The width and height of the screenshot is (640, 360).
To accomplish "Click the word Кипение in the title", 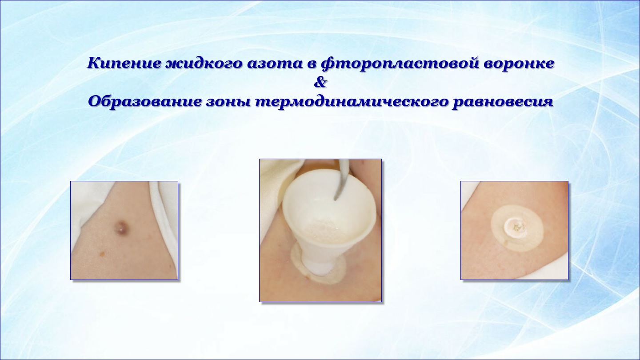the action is [124, 63].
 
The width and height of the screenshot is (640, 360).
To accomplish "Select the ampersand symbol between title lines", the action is [320, 83].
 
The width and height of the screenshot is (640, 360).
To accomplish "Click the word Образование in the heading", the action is [144, 101].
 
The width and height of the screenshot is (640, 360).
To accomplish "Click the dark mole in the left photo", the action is [122, 227].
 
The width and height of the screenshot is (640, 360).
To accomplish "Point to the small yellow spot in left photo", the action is [102, 253].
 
